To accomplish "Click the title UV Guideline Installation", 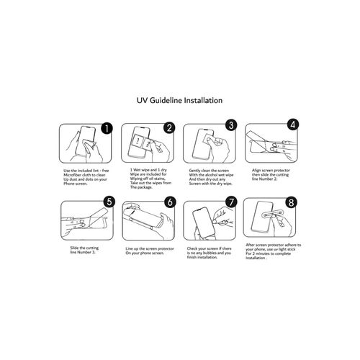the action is pyautogui.click(x=179, y=100).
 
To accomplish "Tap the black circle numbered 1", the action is pyautogui.click(x=107, y=128).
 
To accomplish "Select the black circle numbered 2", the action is pyautogui.click(x=169, y=127).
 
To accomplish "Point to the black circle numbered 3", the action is pyautogui.click(x=231, y=125).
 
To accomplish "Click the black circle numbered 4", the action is pyautogui.click(x=293, y=125).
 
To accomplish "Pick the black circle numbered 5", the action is pyautogui.click(x=109, y=202).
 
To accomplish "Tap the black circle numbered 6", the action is pyautogui.click(x=170, y=202).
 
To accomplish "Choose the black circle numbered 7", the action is pyautogui.click(x=231, y=202).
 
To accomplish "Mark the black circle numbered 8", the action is pyautogui.click(x=291, y=202).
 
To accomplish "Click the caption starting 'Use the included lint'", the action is pyautogui.click(x=86, y=177).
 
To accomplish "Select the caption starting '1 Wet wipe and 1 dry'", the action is pyautogui.click(x=150, y=179).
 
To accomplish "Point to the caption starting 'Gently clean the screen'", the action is pyautogui.click(x=211, y=177).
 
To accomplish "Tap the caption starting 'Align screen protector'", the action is pyautogui.click(x=271, y=174).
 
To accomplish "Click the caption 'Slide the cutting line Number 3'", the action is pyautogui.click(x=84, y=250).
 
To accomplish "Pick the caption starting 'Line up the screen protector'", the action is pyautogui.click(x=150, y=251).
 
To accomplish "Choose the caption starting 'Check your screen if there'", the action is pyautogui.click(x=209, y=253).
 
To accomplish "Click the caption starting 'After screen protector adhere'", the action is pyautogui.click(x=273, y=251).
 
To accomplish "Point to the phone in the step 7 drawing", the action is pyautogui.click(x=204, y=222).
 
